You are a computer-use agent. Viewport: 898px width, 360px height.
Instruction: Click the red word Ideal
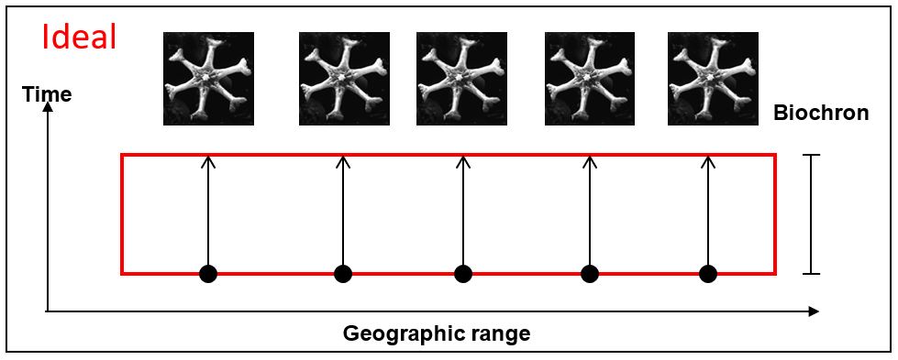coord(80,38)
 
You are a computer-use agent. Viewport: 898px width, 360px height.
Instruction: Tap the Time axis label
coord(47,93)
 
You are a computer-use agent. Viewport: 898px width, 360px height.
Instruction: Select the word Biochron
coord(821,113)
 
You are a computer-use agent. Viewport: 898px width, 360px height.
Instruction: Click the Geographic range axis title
coord(437,333)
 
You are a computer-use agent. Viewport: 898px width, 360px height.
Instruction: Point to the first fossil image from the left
coord(208,79)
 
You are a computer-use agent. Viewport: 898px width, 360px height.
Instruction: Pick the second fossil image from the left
coord(344,79)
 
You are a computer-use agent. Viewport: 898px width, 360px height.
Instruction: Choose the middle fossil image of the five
coord(461,79)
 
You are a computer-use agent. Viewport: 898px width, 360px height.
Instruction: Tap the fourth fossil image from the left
coord(589,79)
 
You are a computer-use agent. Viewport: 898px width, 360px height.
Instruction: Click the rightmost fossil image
coord(713,79)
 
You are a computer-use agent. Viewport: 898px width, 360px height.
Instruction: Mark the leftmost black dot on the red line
coord(208,274)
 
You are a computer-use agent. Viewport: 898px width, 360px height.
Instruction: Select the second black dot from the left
coord(343,274)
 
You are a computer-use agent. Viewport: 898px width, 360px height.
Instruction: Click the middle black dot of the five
coord(462,274)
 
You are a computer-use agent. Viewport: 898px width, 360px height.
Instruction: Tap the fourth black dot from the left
coord(589,274)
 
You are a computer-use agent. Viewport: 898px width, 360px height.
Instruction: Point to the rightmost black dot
coord(708,274)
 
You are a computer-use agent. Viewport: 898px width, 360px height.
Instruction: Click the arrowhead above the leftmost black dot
coord(208,161)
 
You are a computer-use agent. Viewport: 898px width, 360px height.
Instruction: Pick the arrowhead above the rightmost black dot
coord(708,161)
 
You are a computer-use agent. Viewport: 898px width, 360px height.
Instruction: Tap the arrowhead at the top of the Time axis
coord(48,108)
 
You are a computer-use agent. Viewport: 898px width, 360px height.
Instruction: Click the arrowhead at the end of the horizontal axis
coord(814,311)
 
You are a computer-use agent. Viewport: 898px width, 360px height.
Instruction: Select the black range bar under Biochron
coord(811,214)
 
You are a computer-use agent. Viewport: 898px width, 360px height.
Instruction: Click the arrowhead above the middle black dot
coord(462,161)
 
